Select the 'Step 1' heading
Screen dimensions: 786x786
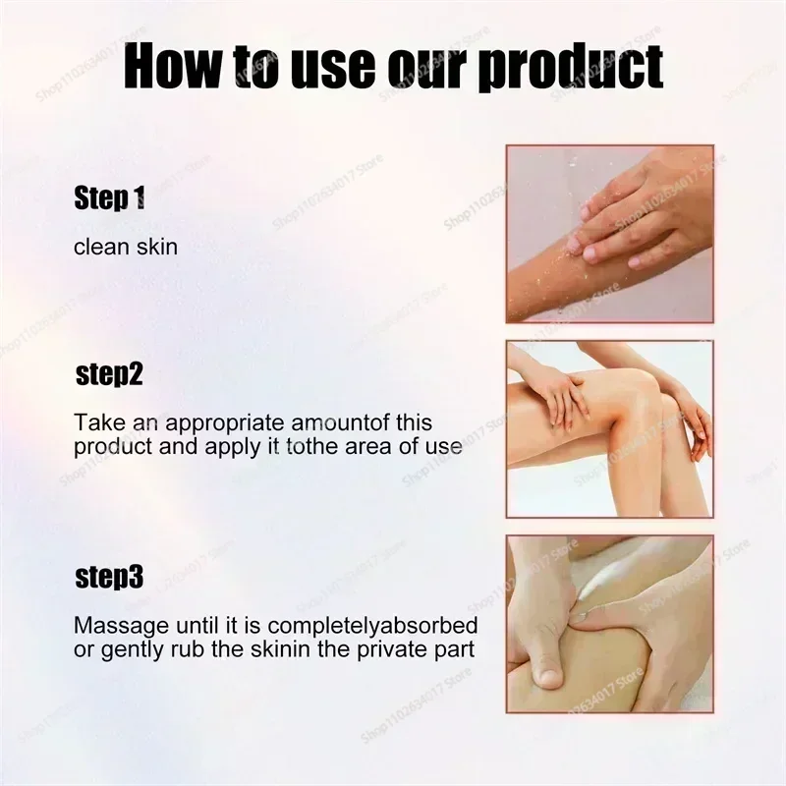click(109, 200)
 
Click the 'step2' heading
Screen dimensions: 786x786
click(109, 375)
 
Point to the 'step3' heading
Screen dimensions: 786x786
click(109, 577)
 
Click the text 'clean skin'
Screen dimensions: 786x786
click(126, 246)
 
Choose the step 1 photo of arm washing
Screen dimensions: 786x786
click(610, 233)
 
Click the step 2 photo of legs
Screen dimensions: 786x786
click(610, 428)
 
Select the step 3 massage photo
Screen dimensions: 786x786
click(610, 623)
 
